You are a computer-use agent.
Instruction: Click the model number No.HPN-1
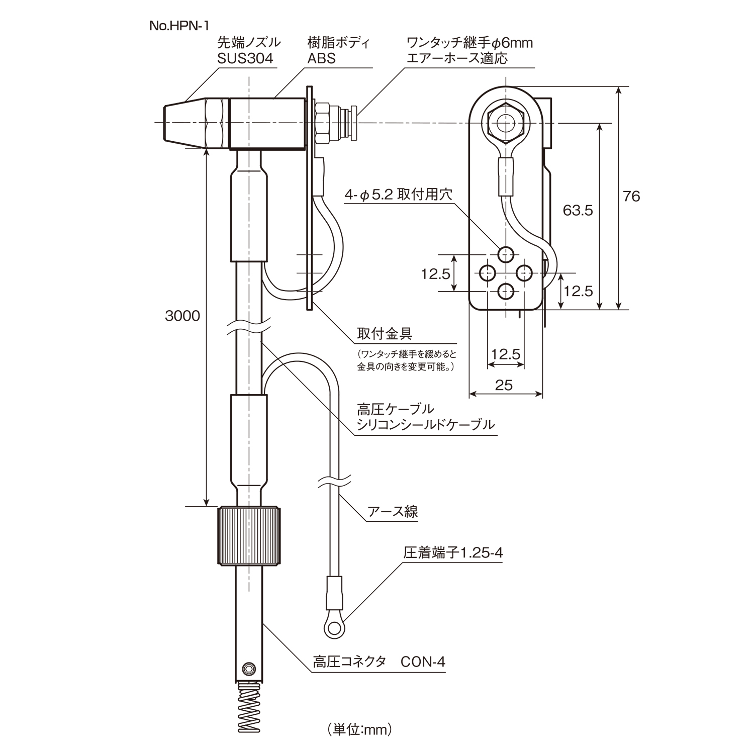click(179, 26)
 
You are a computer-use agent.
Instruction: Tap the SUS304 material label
click(245, 58)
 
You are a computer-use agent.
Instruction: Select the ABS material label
click(322, 58)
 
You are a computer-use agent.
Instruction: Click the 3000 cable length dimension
click(182, 316)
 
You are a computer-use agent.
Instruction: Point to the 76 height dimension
click(631, 196)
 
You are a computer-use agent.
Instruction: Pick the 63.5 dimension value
click(578, 210)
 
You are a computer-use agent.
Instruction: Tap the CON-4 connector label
click(423, 662)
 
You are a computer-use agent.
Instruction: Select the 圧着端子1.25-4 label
click(453, 553)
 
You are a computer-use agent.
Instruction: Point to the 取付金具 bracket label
click(385, 333)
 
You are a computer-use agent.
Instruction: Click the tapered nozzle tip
click(183, 123)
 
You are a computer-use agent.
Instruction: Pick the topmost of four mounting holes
click(506, 254)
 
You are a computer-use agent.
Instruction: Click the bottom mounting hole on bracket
click(506, 291)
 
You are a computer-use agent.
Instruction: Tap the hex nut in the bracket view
click(506, 122)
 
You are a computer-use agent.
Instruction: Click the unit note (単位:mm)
click(359, 729)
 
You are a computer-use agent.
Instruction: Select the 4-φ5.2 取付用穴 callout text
click(398, 195)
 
